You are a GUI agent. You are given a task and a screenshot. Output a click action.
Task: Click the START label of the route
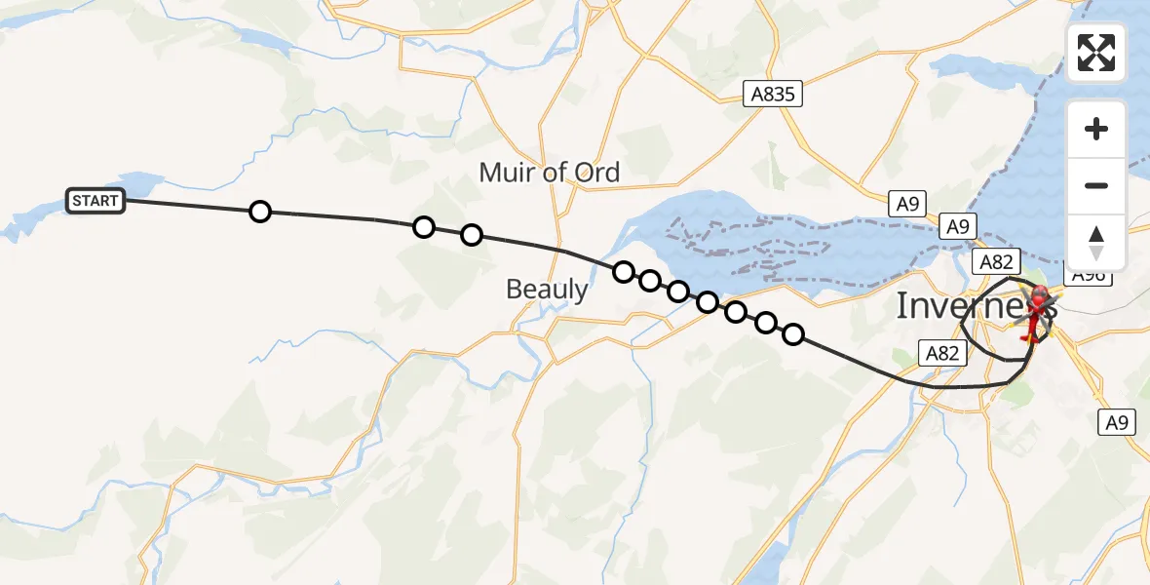pos(95,202)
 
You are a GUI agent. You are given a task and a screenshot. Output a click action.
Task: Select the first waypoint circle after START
pos(259,212)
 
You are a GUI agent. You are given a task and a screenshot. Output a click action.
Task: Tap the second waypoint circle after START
pos(423,227)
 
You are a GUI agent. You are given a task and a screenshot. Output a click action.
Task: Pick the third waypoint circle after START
pos(472,235)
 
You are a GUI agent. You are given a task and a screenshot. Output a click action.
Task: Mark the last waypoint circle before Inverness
pos(793,334)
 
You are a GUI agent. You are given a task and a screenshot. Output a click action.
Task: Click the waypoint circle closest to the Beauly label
pos(624,271)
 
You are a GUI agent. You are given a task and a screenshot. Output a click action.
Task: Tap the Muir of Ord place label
pos(549,173)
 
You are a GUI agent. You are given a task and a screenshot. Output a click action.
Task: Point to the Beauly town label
pos(547,289)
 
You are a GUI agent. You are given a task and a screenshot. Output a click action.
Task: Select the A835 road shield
pos(772,95)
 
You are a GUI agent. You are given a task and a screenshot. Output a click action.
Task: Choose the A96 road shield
pos(1088,276)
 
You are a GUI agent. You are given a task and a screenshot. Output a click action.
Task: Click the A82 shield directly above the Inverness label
pos(996,261)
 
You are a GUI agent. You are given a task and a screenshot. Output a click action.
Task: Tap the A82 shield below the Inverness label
pos(942,353)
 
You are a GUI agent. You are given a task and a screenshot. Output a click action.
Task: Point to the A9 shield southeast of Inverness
pos(1117,422)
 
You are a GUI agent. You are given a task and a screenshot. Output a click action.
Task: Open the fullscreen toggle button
pos(1096,53)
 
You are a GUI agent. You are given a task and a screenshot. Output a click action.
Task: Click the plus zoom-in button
pos(1096,129)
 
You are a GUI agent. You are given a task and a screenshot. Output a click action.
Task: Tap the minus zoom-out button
pos(1096,185)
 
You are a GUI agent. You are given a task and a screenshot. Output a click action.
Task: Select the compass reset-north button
pos(1096,242)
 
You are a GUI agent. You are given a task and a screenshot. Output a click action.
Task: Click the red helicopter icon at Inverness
pos(1037,309)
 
